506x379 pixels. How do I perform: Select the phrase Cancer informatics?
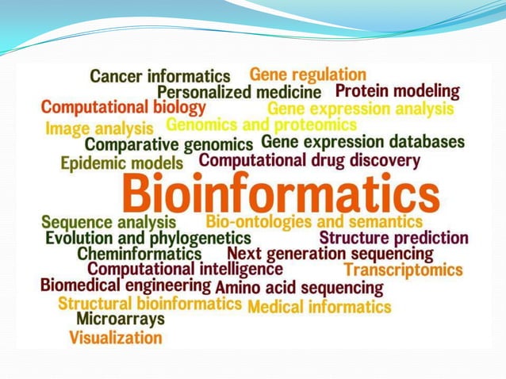click(159, 76)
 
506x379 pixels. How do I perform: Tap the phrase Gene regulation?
click(308, 75)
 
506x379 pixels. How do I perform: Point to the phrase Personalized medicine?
click(239, 93)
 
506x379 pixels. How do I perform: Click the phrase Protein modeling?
click(397, 91)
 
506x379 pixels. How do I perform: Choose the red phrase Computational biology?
click(123, 107)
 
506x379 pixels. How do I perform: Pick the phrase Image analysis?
click(99, 128)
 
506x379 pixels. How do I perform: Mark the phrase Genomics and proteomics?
click(261, 125)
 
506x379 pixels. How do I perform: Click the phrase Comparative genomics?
click(169, 145)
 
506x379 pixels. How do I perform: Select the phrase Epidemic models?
click(121, 163)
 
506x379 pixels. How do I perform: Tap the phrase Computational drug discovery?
click(309, 160)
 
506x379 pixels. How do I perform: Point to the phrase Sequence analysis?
click(109, 222)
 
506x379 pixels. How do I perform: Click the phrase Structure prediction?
click(393, 237)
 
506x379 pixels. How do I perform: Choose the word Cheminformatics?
click(140, 254)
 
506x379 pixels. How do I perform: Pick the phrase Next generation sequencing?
click(330, 254)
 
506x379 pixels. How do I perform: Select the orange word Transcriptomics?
click(403, 270)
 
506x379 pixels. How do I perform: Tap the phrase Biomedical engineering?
click(125, 285)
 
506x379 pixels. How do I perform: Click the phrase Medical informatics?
click(319, 306)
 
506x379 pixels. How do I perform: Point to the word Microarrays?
click(121, 319)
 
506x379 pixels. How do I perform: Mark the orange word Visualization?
click(116, 338)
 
